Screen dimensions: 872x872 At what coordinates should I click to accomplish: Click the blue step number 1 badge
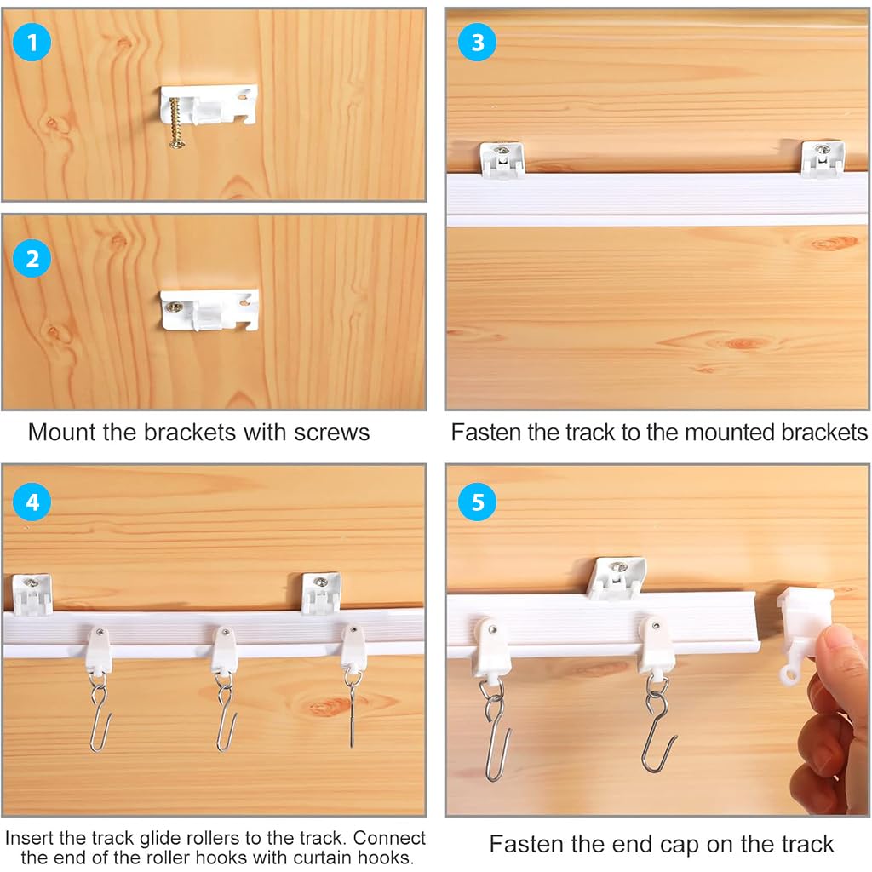(32, 43)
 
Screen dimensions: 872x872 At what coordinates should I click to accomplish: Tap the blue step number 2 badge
(32, 259)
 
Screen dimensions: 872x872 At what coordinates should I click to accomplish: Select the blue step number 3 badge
(477, 43)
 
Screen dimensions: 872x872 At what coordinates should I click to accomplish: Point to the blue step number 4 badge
(32, 502)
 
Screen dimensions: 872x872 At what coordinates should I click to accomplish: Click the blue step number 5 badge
(477, 502)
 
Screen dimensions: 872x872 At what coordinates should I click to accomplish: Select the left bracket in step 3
(502, 160)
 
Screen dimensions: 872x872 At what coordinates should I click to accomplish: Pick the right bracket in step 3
(823, 159)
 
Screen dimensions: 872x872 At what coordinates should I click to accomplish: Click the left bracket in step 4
(32, 594)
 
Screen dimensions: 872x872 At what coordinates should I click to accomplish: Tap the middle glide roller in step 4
(225, 651)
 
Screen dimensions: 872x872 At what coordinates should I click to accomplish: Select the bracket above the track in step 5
(617, 578)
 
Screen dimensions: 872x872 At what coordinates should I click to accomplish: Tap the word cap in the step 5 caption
(730, 844)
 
